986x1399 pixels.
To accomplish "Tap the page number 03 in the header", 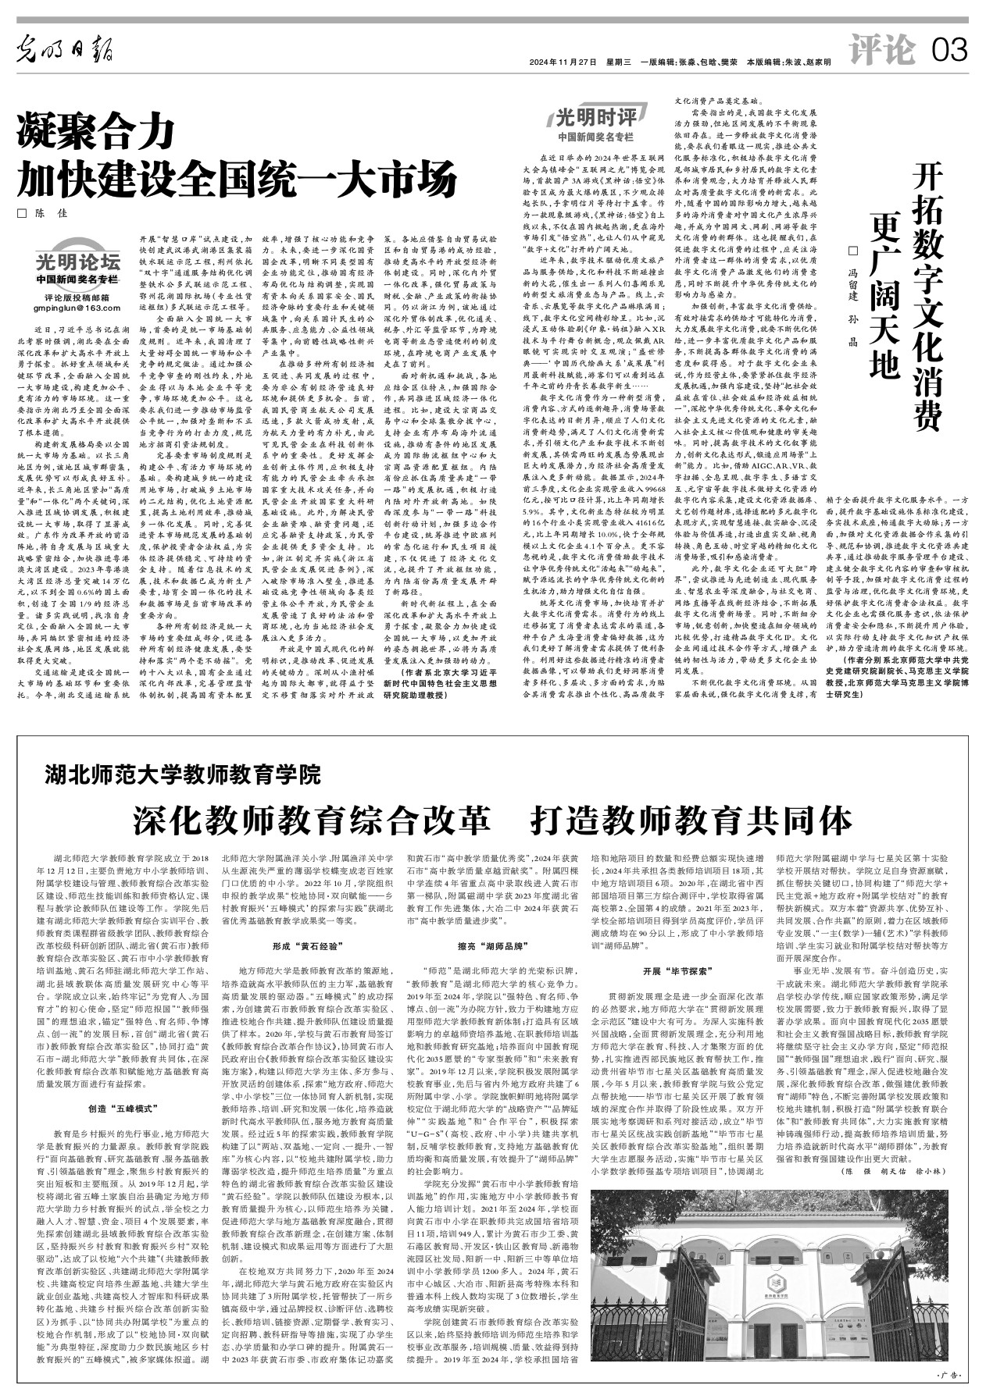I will [x=949, y=51].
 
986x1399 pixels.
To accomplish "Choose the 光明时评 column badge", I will [x=595, y=119].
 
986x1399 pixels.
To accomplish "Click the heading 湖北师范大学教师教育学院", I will [x=183, y=775].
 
